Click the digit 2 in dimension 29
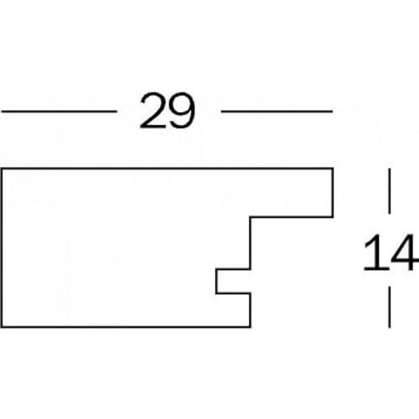153,111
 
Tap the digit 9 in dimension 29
181,111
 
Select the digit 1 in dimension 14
375,253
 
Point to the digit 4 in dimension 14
405,253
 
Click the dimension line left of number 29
59,111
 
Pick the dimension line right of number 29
277,111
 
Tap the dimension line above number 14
390,191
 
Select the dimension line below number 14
390,307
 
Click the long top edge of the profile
168,168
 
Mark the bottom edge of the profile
126,326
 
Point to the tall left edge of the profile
3,247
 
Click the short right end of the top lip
333,193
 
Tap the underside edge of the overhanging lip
292,216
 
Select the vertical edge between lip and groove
251,243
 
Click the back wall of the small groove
216,282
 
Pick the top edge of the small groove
233,269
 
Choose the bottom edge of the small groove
233,293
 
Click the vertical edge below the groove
251,310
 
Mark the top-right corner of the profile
333,168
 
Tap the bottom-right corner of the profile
251,327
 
